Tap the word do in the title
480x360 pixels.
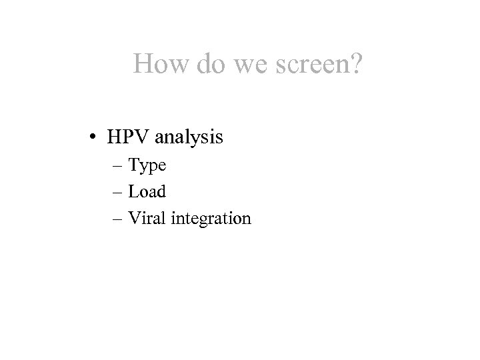[207, 64]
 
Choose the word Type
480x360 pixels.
[147, 165]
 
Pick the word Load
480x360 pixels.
[147, 191]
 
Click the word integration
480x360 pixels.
[210, 218]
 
